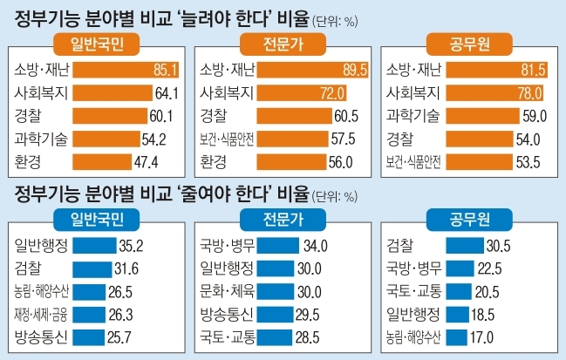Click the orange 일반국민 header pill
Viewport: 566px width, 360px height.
pos(92,45)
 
